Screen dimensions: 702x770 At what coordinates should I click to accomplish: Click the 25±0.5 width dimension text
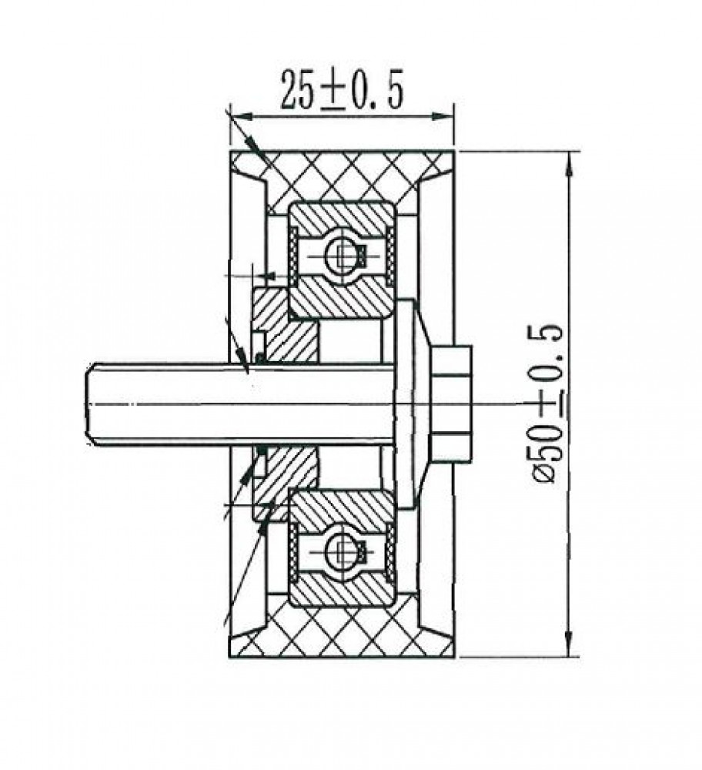point(342,89)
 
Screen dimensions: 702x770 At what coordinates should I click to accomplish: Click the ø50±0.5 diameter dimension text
point(547,403)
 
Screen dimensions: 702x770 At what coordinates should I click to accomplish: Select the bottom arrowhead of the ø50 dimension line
point(569,644)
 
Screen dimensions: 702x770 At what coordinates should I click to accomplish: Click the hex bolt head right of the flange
point(450,404)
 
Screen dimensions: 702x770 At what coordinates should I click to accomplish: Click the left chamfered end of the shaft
point(91,403)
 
